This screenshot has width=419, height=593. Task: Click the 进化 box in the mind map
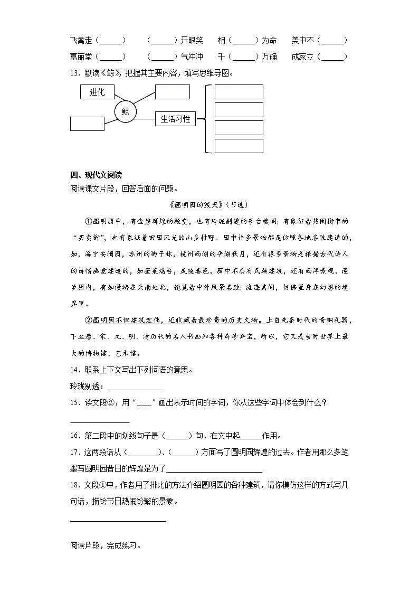coord(97,92)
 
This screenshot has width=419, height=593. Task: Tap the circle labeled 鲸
coord(125,112)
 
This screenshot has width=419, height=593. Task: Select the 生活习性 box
coord(175,119)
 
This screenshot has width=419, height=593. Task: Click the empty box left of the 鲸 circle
coord(87,124)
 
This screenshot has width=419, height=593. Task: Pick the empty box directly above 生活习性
coord(173,92)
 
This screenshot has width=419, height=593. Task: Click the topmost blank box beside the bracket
coord(239,92)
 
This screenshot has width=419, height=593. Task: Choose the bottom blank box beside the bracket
coord(239,146)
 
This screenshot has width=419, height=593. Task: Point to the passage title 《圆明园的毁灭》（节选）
coord(209,204)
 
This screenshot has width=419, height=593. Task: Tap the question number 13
coord(74,73)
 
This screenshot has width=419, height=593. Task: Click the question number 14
coord(74,370)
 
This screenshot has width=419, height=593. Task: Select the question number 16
coord(74,436)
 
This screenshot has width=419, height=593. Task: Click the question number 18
coord(74,486)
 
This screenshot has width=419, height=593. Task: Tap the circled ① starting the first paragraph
coord(88,221)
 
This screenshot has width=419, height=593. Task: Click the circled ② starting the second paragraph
coord(88,320)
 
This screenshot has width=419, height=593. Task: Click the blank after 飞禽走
coord(112,41)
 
